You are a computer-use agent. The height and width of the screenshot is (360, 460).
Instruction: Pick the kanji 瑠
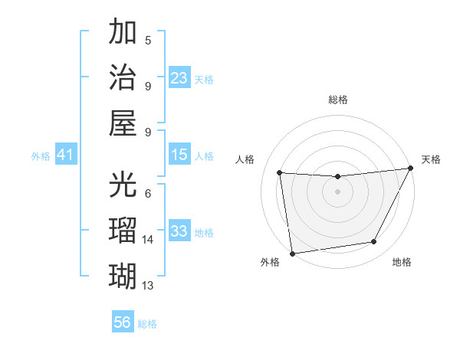click(123, 229)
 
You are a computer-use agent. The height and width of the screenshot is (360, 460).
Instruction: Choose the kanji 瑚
click(123, 274)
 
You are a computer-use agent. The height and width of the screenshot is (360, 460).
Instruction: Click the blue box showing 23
click(179, 77)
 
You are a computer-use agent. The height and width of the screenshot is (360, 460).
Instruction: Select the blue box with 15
click(179, 155)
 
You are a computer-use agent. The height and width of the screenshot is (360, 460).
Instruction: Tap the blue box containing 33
click(179, 231)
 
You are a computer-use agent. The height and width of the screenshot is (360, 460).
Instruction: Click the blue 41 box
click(65, 155)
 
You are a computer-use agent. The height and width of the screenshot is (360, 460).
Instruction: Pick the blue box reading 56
click(123, 322)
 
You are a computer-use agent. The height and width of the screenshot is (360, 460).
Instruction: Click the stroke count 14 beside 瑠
click(148, 240)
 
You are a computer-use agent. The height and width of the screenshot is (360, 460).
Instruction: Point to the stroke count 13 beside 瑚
click(148, 285)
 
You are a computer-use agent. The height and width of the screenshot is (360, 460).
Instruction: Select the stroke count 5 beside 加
click(148, 41)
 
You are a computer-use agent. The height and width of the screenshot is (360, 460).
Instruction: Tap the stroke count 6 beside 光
click(148, 194)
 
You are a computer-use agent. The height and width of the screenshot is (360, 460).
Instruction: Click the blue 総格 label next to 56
click(147, 324)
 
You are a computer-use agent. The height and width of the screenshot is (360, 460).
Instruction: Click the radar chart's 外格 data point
click(291, 253)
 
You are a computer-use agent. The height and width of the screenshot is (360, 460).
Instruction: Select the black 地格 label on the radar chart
click(402, 262)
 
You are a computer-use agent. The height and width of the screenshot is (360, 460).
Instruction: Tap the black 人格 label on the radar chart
click(245, 159)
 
